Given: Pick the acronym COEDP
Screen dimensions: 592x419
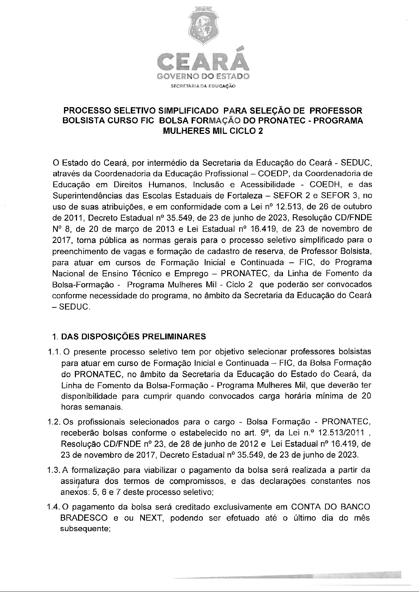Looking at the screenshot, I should tap(274, 174).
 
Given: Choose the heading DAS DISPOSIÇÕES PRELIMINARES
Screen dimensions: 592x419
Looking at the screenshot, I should tap(134, 337).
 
